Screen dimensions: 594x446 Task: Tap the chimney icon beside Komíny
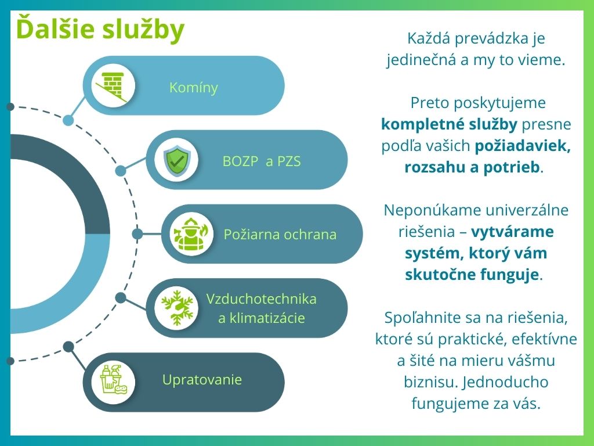pyautogui.click(x=113, y=86)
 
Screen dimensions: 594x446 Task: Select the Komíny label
pyautogui.click(x=194, y=88)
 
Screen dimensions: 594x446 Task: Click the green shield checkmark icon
pyautogui.click(x=176, y=160)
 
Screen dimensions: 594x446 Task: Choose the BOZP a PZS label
pyautogui.click(x=262, y=161)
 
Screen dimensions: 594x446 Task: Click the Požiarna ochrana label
pyautogui.click(x=280, y=235)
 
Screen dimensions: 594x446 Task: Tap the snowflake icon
pyautogui.click(x=177, y=308)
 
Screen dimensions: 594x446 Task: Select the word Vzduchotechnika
pyautogui.click(x=262, y=299)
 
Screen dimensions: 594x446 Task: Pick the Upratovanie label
pyautogui.click(x=202, y=380)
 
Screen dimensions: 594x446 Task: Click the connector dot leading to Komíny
pyautogui.click(x=68, y=120)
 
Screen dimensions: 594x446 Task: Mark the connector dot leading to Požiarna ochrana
pyautogui.click(x=137, y=233)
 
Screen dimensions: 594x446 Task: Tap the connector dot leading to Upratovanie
pyautogui.click(x=68, y=347)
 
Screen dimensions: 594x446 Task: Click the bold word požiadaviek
pyautogui.click(x=523, y=146)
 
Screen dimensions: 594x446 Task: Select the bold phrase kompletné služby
pyautogui.click(x=450, y=124)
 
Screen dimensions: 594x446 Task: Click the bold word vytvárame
pyautogui.click(x=512, y=231)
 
